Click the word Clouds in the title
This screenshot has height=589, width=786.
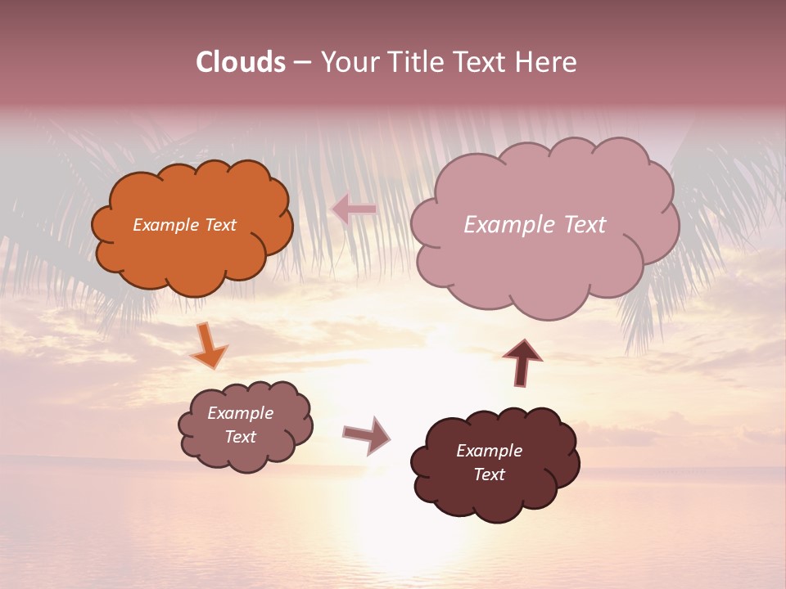(x=240, y=62)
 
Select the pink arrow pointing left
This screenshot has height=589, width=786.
(x=354, y=209)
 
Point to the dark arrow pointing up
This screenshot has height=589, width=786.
(x=522, y=362)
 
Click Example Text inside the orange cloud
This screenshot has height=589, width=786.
(x=184, y=225)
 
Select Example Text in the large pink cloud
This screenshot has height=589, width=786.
(x=535, y=225)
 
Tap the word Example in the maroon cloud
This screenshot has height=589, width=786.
(x=489, y=451)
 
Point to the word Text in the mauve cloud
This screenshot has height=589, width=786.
(x=241, y=437)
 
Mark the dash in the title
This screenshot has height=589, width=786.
(x=301, y=63)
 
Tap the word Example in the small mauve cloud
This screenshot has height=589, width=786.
(x=241, y=413)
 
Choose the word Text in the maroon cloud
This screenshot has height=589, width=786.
(x=489, y=474)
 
